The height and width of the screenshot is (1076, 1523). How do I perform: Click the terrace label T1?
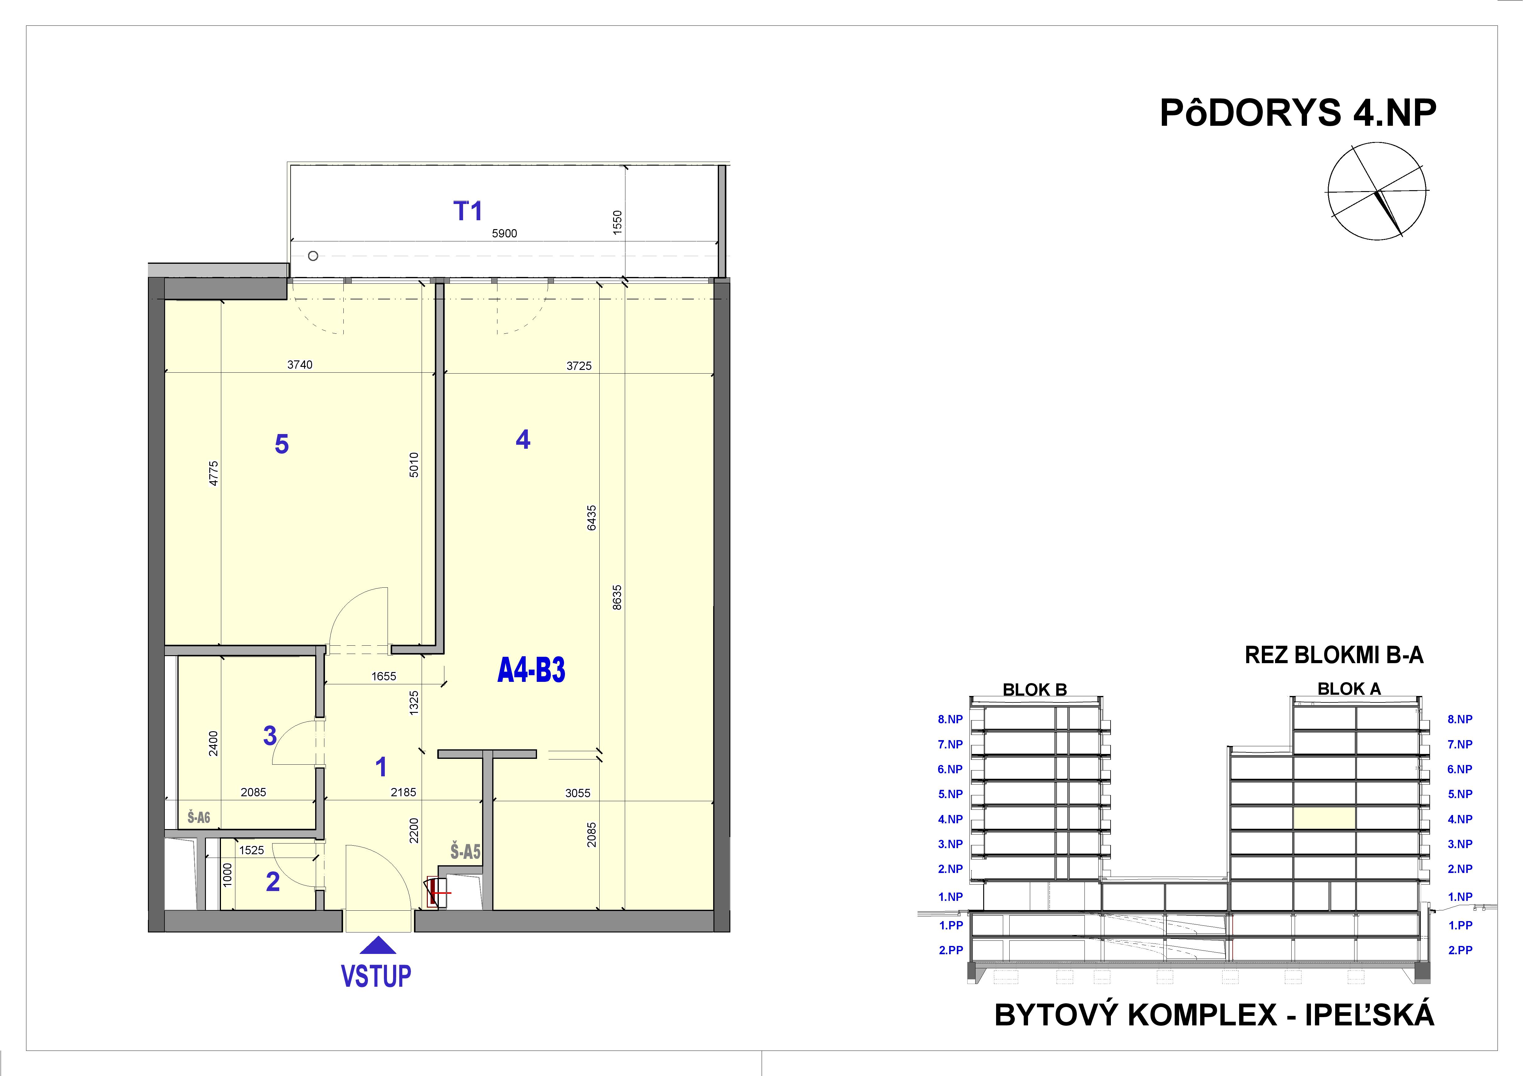(x=468, y=211)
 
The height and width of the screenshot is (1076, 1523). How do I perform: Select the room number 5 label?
(x=282, y=444)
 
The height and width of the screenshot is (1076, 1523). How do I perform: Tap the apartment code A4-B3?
(x=531, y=671)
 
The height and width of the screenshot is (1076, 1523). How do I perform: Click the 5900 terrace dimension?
(x=504, y=233)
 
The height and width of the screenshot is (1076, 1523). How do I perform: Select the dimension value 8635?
(x=617, y=597)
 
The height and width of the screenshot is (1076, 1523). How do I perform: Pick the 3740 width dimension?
(x=300, y=365)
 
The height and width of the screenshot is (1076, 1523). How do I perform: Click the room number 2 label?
(x=273, y=882)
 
